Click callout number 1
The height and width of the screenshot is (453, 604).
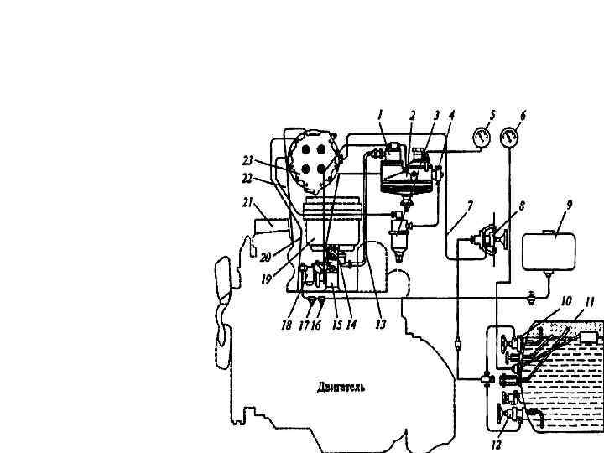380,115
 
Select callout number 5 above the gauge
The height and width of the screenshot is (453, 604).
492,115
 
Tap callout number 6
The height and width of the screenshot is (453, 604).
523,115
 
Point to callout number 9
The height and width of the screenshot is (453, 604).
569,204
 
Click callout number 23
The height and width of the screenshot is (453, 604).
247,159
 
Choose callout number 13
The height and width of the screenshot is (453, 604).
380,325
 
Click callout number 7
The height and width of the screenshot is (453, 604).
470,204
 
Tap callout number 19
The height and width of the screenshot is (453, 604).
266,280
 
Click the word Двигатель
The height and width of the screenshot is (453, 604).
341,388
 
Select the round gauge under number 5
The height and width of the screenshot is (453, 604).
482,138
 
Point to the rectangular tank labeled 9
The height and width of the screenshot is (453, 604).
549,250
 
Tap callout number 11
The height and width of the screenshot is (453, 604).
591,300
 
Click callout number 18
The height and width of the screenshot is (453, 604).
287,325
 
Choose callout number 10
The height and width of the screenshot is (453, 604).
566,300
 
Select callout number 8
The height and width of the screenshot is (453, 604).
522,204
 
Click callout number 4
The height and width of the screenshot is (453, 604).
451,115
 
